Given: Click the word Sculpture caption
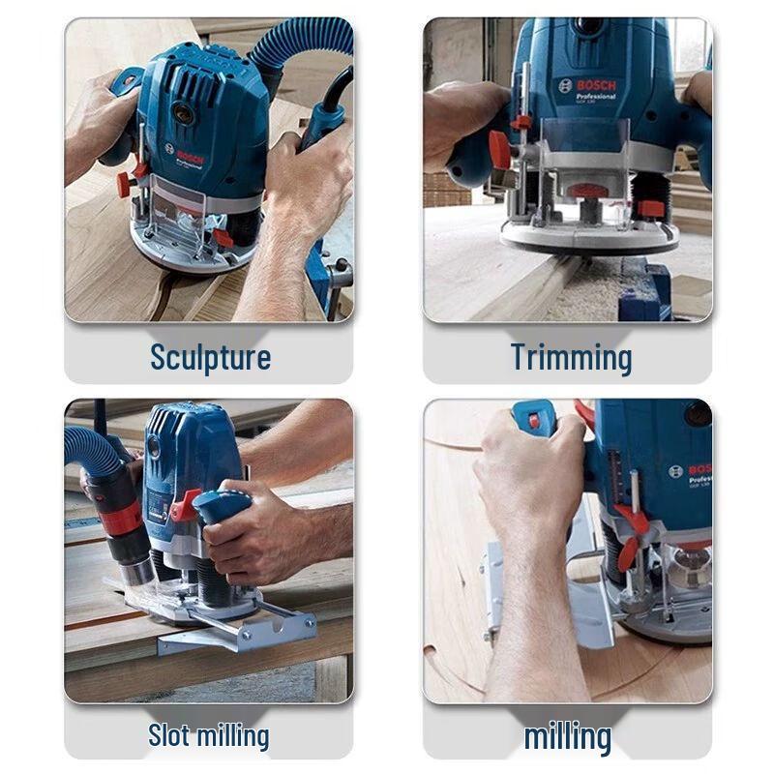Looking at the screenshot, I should point(210,357).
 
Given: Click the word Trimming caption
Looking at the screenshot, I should point(571,357).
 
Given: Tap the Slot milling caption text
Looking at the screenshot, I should point(208,735).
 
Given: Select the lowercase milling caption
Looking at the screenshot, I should point(567,736).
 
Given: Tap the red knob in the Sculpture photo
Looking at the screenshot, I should point(125,183).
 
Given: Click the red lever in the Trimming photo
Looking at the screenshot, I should point(499,149).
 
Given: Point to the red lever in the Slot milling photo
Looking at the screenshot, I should point(184,505).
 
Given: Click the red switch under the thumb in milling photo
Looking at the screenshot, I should point(532,419).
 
